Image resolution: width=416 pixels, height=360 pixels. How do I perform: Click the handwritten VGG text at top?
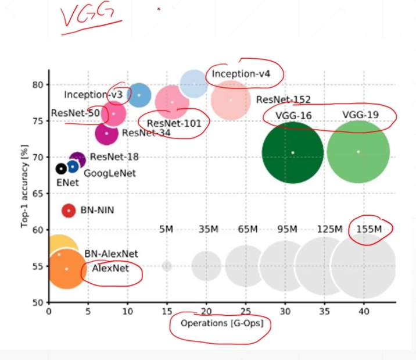(87, 18)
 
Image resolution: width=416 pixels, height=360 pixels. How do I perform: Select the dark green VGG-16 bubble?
(292, 152)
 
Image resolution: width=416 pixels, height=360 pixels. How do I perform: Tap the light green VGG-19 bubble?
(358, 152)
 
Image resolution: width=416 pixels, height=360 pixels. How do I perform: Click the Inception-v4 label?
(245, 74)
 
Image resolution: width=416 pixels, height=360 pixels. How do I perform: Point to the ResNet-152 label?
(283, 100)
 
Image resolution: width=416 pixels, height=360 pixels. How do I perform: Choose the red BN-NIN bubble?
(69, 210)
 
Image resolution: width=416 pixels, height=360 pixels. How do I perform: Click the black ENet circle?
(61, 169)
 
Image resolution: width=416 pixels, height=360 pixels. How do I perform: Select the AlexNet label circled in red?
(110, 269)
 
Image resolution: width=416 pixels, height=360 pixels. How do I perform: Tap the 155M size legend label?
(369, 229)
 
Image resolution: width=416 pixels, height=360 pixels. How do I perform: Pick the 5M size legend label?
(166, 229)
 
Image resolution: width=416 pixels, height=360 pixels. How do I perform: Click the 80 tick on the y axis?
(38, 84)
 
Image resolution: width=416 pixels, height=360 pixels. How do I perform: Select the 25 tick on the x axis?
(246, 311)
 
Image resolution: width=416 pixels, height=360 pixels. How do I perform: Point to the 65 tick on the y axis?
(38, 193)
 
